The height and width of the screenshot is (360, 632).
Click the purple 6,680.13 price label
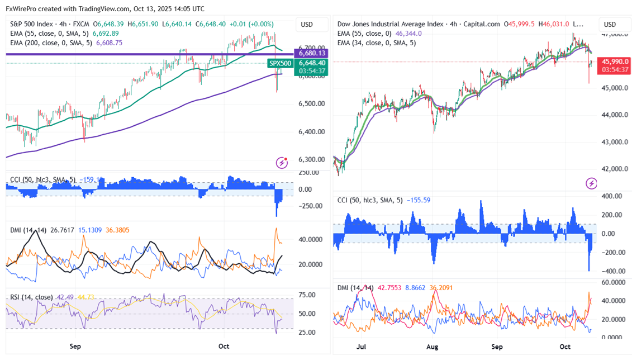click(312, 53)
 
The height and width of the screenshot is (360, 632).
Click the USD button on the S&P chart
click(307, 25)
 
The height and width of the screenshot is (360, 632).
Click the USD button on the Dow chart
click(610, 25)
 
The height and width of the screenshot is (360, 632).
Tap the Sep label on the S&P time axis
click(75, 347)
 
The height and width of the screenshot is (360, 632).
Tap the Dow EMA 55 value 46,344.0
click(408, 34)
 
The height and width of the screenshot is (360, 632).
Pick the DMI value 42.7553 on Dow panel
click(389, 288)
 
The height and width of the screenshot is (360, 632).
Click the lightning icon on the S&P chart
click(282, 163)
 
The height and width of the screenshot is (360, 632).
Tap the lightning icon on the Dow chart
click(591, 183)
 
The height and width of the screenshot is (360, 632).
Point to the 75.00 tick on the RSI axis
click(306, 295)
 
